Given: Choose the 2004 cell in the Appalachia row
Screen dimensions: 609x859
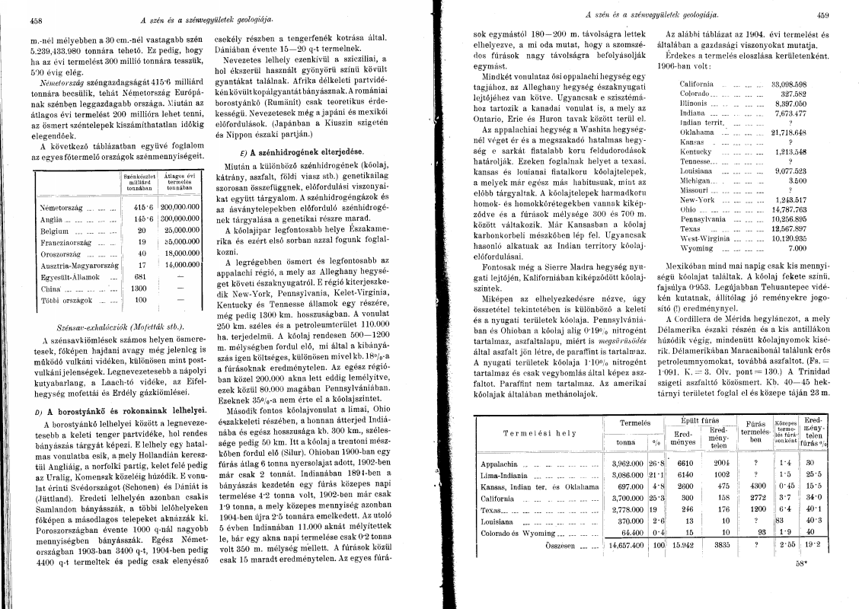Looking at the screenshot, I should (721, 463).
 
